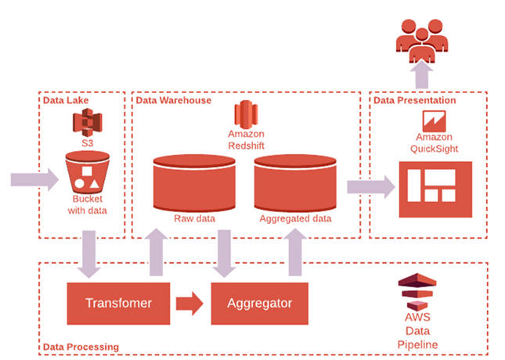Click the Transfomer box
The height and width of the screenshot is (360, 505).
117,303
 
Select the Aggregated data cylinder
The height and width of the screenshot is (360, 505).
295,182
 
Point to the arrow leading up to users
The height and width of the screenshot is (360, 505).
424,75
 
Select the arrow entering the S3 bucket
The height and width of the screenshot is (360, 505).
34,180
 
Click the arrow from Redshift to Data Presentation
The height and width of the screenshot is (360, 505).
370,186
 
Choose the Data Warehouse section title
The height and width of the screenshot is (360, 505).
173,100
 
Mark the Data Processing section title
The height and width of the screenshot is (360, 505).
81,346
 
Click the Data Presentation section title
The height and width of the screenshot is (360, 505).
414,100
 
